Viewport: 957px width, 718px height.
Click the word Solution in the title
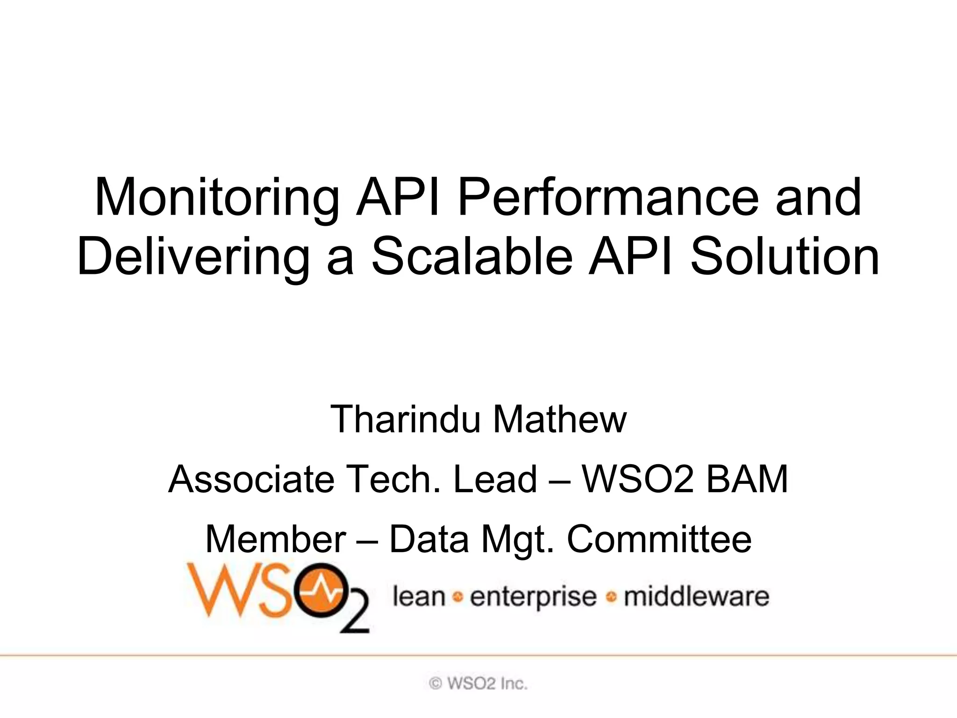pos(785,257)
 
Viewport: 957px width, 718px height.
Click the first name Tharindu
pos(405,419)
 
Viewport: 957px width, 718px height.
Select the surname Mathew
pos(560,419)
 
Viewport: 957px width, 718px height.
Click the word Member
pos(276,539)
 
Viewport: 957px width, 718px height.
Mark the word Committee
pos(659,539)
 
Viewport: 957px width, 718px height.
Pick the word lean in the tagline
pos(419,597)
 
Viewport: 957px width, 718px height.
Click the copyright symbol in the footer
pos(435,684)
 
